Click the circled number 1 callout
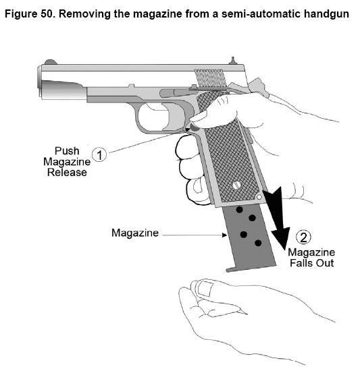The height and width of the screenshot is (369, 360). (99, 155)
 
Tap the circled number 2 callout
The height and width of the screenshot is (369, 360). (303, 237)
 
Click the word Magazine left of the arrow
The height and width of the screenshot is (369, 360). (135, 233)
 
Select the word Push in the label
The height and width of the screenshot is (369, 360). (67, 151)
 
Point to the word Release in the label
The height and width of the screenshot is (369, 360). (67, 172)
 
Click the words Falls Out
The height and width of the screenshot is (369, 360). (311, 263)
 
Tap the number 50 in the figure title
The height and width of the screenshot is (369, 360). (47, 14)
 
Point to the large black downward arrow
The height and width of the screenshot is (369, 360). (277, 218)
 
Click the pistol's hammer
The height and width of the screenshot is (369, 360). (258, 87)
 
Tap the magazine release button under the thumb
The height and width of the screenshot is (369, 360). (194, 127)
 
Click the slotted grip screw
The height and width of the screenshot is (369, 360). (236, 186)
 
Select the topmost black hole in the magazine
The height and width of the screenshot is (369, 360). (239, 209)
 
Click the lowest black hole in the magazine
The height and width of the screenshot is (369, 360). (258, 243)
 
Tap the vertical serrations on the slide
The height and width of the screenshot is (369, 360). (209, 78)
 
